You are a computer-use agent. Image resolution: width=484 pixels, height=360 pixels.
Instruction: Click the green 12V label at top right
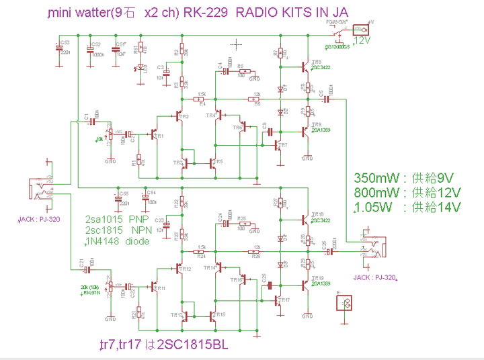[x=362, y=41]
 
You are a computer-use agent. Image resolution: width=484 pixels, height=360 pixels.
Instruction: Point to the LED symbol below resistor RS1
[x=140, y=67]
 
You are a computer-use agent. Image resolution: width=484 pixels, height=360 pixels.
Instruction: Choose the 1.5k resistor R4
[x=198, y=99]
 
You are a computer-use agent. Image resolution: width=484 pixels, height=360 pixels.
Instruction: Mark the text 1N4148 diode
[x=118, y=242]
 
